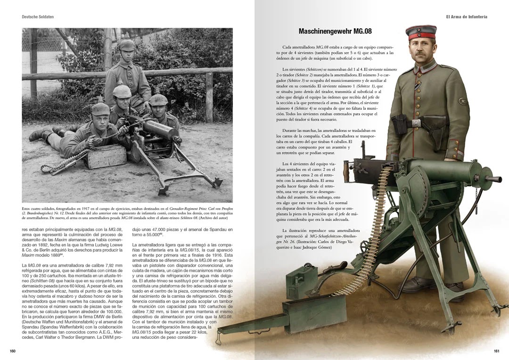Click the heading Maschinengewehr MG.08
[x=335, y=32]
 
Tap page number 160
[x=13, y=351]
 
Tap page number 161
[x=496, y=351]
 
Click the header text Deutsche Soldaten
[x=38, y=17]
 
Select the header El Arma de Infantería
[x=467, y=17]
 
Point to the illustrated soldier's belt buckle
[x=417, y=123]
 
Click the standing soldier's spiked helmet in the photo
[x=126, y=45]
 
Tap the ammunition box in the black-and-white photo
[x=106, y=156]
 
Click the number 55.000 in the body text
[x=154, y=235]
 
